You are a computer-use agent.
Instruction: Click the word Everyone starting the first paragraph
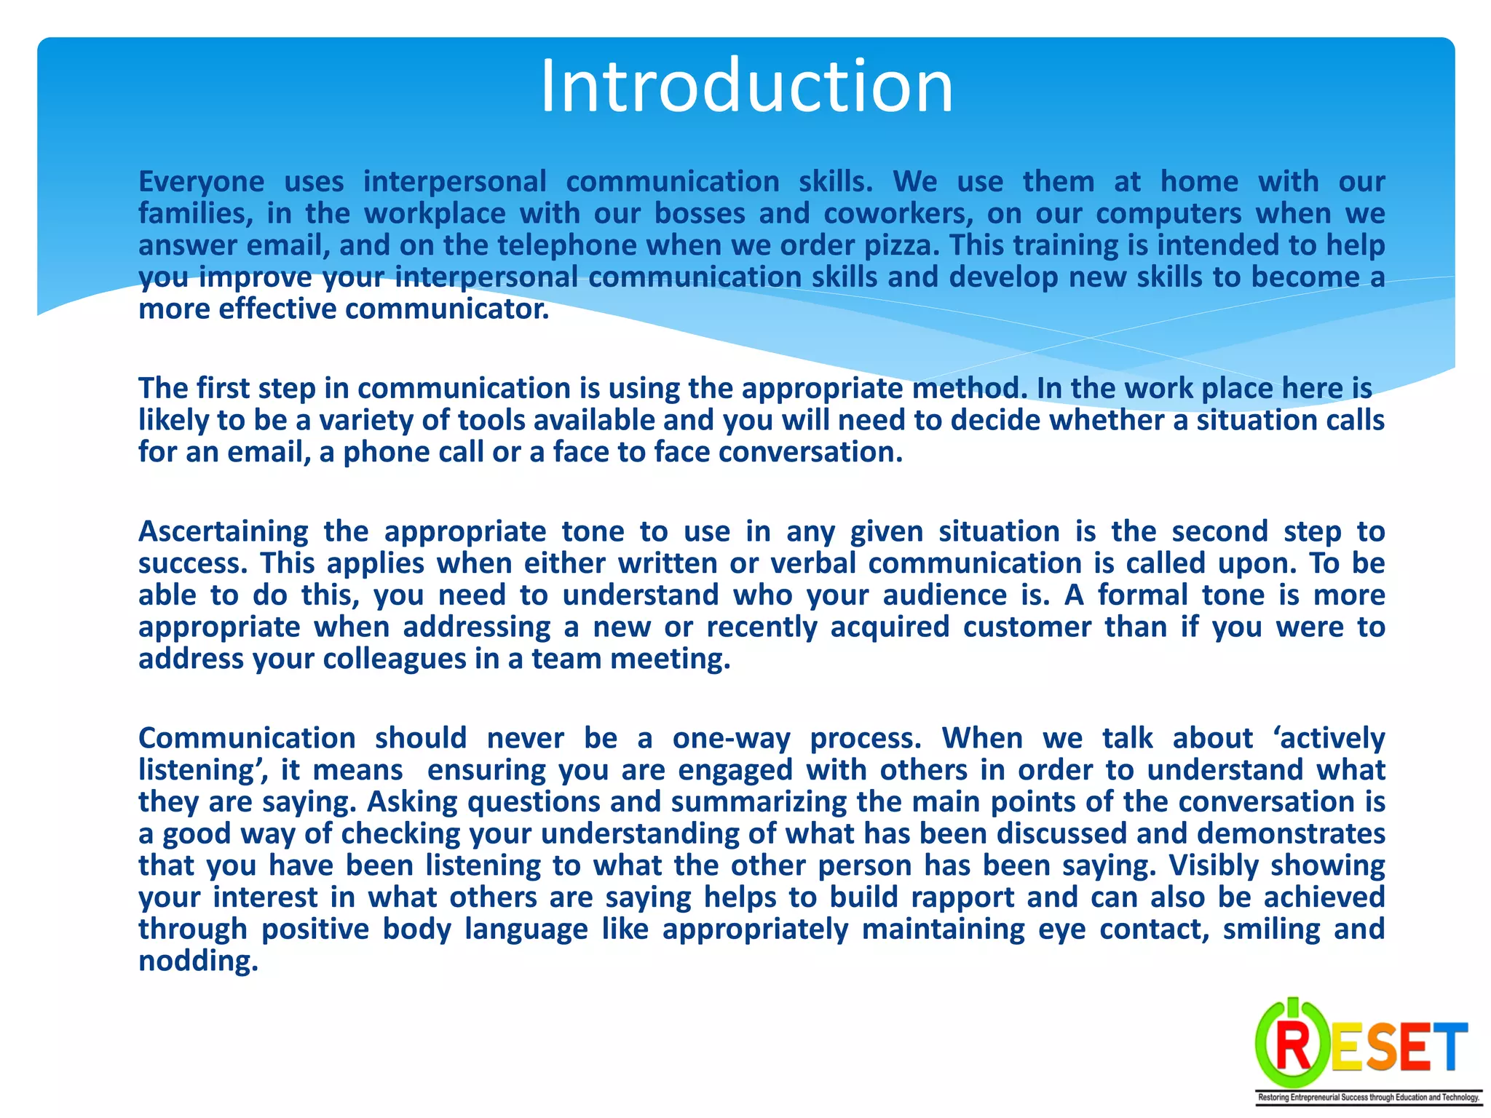[201, 182]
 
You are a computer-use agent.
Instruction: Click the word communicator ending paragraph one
[446, 309]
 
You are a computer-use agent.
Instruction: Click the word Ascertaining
[224, 532]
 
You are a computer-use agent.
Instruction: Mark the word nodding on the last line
[198, 962]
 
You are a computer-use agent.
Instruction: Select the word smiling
[1271, 929]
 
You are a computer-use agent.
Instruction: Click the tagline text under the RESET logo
[1369, 1098]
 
